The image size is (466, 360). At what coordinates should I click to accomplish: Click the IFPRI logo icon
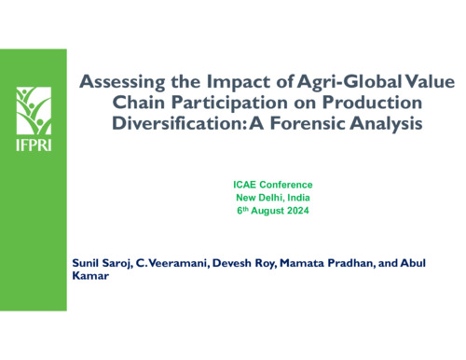click(x=34, y=109)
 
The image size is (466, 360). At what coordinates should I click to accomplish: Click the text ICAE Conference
click(x=273, y=185)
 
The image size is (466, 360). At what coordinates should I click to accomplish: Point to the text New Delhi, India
click(x=273, y=198)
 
